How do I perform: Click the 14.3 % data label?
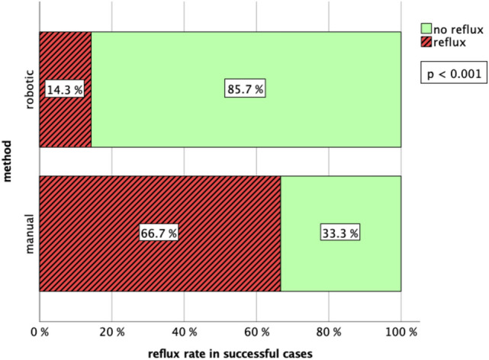(x=65, y=89)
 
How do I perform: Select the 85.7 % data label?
(x=246, y=89)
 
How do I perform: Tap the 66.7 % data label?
(x=159, y=233)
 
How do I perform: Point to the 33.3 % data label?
(x=340, y=233)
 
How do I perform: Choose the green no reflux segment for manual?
(x=340, y=198)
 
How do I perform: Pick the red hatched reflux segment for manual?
(x=159, y=198)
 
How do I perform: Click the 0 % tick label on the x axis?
(x=39, y=333)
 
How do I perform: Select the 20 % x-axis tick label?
(x=111, y=333)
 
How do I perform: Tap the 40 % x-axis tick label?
(x=184, y=333)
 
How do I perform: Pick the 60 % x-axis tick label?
(x=256, y=333)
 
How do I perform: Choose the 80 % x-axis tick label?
(x=329, y=333)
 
